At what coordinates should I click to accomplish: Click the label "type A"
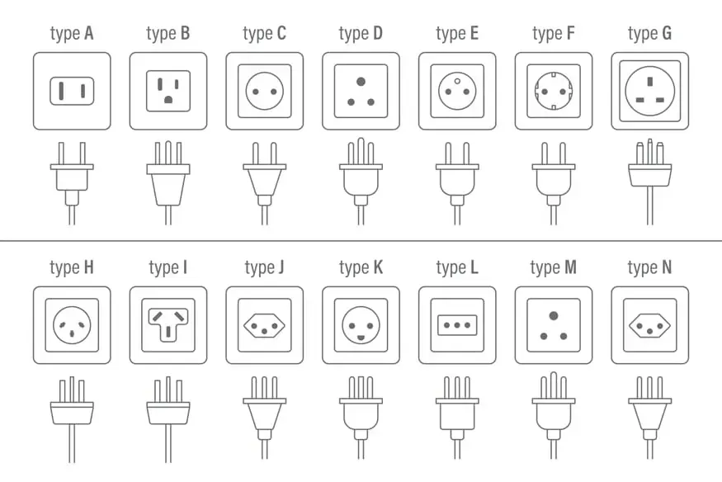[x=72, y=34]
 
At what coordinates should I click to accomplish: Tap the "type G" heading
[x=649, y=34]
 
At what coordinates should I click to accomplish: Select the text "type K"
[x=361, y=267]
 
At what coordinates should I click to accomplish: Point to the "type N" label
[x=649, y=267]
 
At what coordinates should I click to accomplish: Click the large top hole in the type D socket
[x=361, y=82]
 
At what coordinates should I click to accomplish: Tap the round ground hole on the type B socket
[x=168, y=99]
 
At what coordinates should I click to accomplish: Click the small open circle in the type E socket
[x=457, y=82]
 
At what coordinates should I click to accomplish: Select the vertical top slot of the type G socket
[x=649, y=82]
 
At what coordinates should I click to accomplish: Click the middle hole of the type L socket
[x=457, y=325]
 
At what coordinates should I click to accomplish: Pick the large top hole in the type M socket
[x=554, y=316]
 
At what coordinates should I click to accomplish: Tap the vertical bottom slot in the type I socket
[x=168, y=332]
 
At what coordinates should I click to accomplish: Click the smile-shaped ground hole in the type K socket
[x=361, y=338]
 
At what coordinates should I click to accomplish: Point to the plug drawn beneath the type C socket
[x=265, y=183]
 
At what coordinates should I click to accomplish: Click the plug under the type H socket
[x=72, y=419]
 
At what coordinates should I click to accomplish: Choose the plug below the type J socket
[x=265, y=417]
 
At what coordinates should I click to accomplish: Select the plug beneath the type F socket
[x=554, y=183]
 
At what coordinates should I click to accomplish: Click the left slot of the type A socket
[x=61, y=91]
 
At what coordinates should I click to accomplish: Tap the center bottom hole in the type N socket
[x=649, y=332]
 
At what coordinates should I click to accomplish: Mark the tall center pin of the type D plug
[x=361, y=151]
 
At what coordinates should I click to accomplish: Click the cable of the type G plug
[x=649, y=206]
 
